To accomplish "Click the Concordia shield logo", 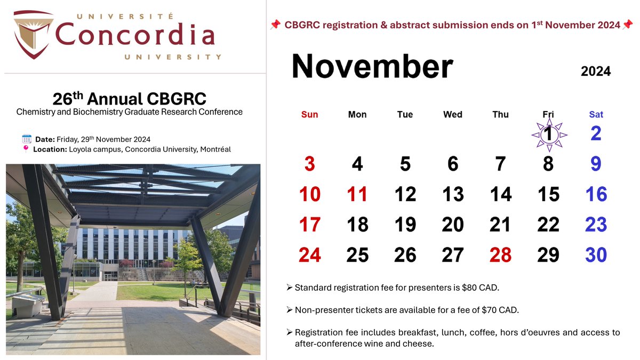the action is (34, 34).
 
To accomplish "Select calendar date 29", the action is (548, 254).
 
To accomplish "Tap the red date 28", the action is (500, 254).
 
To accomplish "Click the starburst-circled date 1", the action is (549, 135).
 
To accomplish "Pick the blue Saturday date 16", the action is (596, 194).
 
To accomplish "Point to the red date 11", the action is (357, 194).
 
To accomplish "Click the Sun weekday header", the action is (309, 114).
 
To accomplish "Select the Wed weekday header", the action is (453, 114).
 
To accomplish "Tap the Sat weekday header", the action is (596, 114).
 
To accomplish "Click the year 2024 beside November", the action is (596, 71).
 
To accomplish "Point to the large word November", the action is (372, 66).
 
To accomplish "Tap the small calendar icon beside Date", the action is (27, 139).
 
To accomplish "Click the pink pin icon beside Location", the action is (26, 149).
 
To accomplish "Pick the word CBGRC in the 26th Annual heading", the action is (177, 99).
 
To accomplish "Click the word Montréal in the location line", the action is (215, 149).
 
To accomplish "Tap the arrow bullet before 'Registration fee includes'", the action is (290, 332).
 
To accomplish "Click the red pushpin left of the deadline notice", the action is (275, 25).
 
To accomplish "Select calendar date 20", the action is (453, 225).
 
